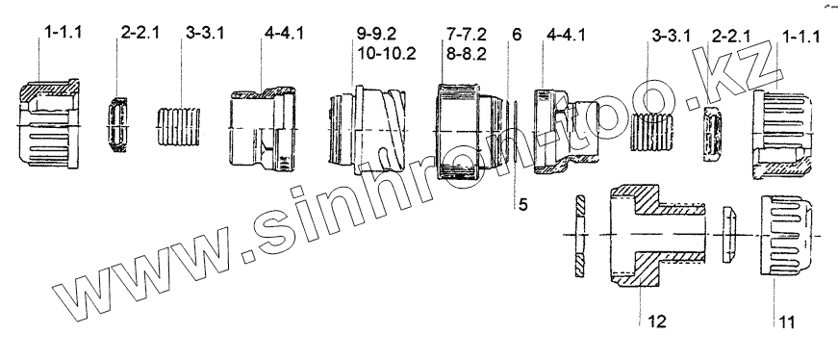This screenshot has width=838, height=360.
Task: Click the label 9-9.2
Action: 377,35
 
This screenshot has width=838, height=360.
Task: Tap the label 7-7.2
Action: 467,35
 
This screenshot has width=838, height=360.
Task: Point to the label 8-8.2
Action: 467,54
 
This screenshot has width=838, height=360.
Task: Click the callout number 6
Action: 517,35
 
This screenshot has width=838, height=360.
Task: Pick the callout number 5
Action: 522,204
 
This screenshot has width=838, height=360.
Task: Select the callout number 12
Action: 657,321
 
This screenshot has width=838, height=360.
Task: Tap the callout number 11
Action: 787,322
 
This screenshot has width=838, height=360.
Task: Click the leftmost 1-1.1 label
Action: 63,33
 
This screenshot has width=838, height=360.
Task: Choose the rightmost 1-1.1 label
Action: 800,37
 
